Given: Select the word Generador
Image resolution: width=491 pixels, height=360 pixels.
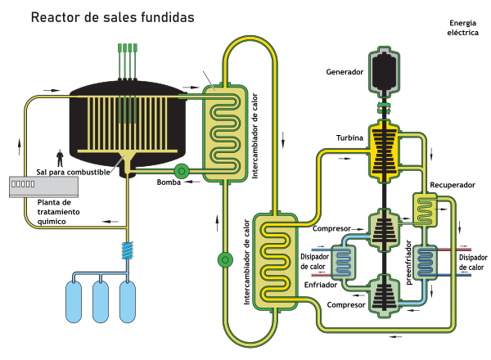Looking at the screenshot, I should pos(344,72).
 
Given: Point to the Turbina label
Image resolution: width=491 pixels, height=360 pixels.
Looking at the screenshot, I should pos(349,137).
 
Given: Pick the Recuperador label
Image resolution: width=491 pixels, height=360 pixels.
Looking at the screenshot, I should pos(453,185).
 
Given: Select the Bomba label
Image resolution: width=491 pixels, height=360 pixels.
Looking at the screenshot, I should pos(169,182).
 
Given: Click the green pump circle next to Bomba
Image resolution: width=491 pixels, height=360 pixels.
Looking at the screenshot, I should pos(181,170).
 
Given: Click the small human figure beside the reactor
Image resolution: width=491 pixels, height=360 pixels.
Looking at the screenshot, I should pos(59,156).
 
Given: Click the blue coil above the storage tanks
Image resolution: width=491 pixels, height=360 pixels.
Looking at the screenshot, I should pos(127,249).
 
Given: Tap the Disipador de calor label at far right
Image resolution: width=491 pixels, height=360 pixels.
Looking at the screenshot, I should pos(467,261).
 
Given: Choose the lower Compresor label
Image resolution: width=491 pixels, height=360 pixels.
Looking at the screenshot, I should pos(345,305).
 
